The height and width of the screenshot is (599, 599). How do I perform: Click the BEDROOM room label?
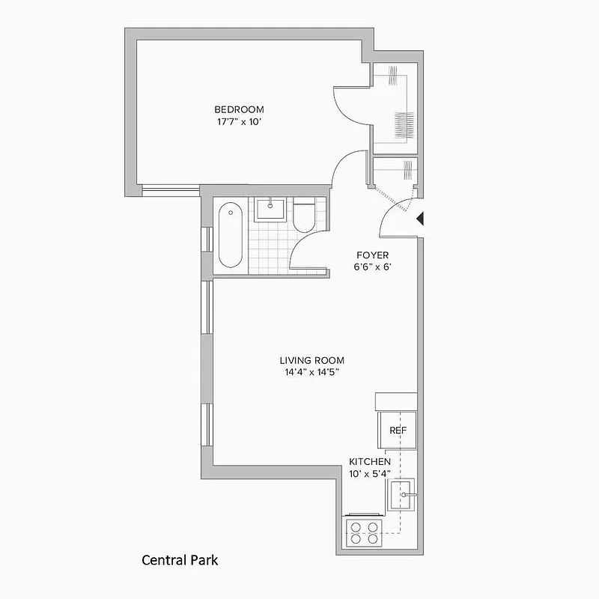pyautogui.click(x=239, y=109)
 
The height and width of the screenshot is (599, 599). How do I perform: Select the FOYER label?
pyautogui.click(x=372, y=255)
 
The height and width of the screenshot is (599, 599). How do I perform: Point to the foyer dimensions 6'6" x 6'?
pyautogui.click(x=372, y=267)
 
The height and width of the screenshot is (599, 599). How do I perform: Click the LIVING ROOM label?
pyautogui.click(x=313, y=360)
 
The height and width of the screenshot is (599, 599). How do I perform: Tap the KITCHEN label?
pyautogui.click(x=370, y=462)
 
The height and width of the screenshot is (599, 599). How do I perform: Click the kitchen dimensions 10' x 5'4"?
pyautogui.click(x=370, y=473)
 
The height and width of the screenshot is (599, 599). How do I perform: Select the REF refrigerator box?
pyautogui.click(x=398, y=431)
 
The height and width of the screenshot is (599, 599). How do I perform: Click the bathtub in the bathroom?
pyautogui.click(x=230, y=235)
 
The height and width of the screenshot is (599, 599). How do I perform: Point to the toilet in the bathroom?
pyautogui.click(x=305, y=216)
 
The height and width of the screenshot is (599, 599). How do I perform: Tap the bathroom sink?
pyautogui.click(x=270, y=209)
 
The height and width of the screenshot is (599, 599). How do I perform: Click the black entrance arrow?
pyautogui.click(x=421, y=218)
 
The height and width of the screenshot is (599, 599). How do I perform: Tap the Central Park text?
pyautogui.click(x=180, y=559)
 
